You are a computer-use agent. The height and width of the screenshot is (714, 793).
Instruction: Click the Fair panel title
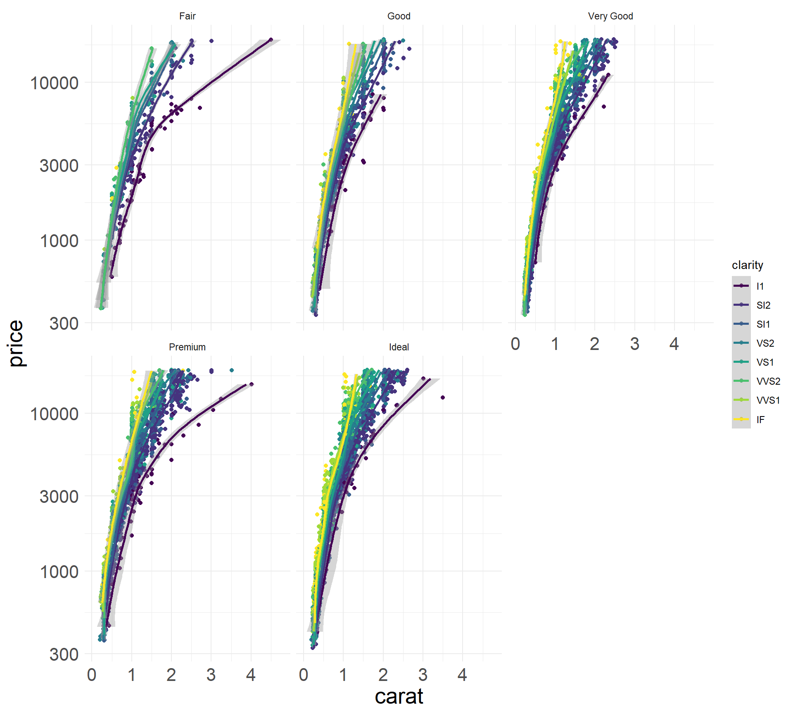(187, 16)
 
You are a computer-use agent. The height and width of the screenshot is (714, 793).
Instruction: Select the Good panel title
(399, 16)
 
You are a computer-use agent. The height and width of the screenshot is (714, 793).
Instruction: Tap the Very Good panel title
(610, 16)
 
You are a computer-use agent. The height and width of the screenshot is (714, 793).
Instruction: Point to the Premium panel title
(187, 347)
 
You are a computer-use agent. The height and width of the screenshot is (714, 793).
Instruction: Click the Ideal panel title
(399, 347)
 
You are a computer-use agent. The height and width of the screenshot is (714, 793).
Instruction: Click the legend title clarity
(747, 265)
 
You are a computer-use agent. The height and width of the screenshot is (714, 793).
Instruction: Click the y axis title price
(17, 343)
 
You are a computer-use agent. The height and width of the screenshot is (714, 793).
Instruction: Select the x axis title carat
(399, 697)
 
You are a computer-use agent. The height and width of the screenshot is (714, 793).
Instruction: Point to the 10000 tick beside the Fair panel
(55, 83)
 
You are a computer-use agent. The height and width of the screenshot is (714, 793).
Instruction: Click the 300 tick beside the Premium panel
(64, 654)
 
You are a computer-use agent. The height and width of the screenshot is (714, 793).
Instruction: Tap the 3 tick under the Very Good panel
(634, 344)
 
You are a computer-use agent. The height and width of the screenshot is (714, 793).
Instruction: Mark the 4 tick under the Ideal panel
(462, 675)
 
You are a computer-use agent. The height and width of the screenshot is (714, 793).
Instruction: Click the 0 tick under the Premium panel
(92, 675)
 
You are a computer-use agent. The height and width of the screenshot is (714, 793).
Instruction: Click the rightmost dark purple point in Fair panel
(271, 40)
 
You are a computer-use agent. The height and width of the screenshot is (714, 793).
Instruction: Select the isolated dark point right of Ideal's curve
(443, 397)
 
